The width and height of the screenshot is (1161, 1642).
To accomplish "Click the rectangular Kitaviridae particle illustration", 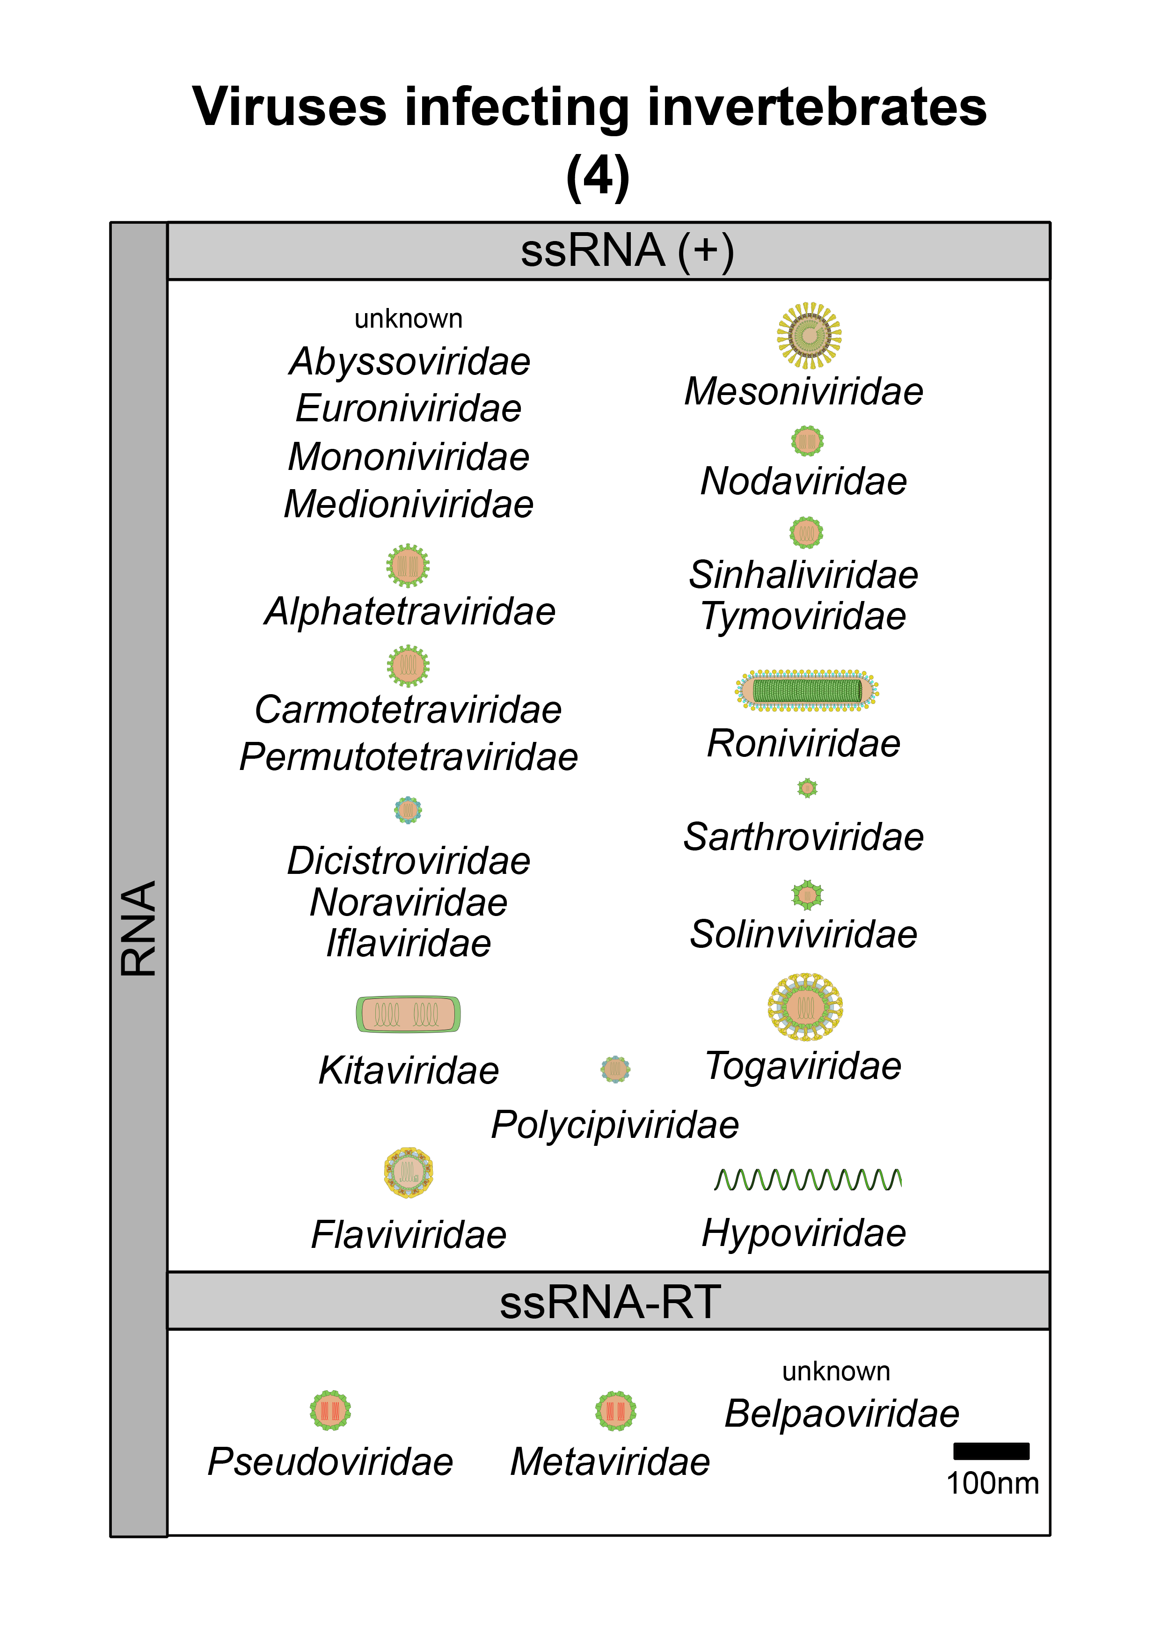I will pyautogui.click(x=408, y=1014).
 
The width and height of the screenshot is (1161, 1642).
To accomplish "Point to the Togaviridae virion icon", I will pyautogui.click(x=806, y=1006).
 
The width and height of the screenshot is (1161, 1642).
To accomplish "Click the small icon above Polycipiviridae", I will pyautogui.click(x=615, y=1069).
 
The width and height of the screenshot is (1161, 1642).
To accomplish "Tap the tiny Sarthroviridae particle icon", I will pyautogui.click(x=807, y=788).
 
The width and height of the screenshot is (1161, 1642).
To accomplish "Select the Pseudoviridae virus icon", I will pyautogui.click(x=330, y=1410).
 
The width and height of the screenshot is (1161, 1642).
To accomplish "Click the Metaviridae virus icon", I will pyautogui.click(x=615, y=1410).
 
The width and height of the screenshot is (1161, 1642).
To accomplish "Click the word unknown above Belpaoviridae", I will pyautogui.click(x=836, y=1371).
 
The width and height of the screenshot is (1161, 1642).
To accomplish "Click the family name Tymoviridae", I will pyautogui.click(x=803, y=616).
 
